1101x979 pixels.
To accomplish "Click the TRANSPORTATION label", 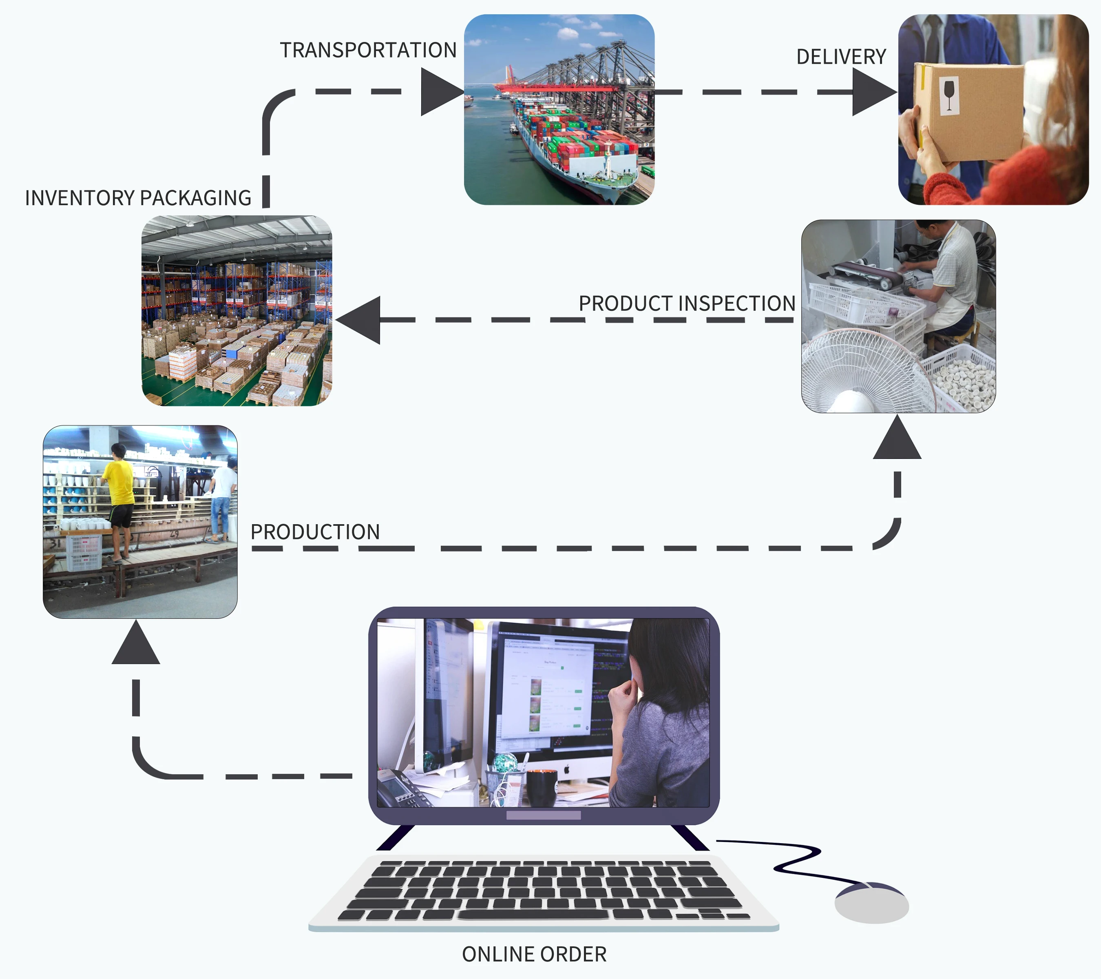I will click(368, 50).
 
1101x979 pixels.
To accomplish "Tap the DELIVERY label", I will click(841, 57).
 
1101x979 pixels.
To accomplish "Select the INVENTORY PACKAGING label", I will click(138, 198).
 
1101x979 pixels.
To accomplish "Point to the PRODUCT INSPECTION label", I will click(687, 303).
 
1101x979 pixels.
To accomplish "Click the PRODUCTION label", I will click(315, 532).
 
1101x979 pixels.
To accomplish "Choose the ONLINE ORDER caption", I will click(534, 954).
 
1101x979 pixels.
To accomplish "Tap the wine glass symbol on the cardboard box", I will click(949, 95).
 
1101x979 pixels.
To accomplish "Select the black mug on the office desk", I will click(541, 788).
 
